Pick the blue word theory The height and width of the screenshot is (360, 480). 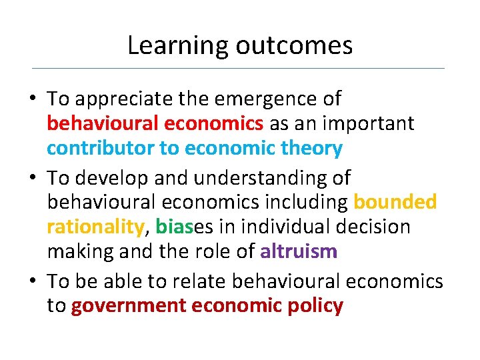[311, 148]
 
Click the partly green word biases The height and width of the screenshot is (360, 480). [182, 227]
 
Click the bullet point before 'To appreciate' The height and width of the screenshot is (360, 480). [33, 100]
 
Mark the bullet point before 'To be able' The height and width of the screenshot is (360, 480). [33, 282]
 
